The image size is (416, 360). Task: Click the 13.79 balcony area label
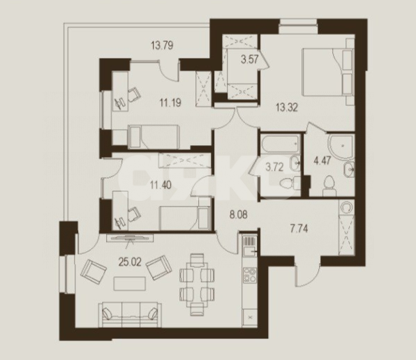(162, 45)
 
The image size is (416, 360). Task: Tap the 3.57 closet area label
(249, 59)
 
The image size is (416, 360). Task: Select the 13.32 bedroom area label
(287, 107)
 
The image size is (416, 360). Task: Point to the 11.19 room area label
(170, 102)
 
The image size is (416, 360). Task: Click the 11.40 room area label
(161, 184)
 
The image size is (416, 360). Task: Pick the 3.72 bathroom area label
(275, 167)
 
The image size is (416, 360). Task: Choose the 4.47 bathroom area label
(322, 160)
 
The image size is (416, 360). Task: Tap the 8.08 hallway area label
(239, 214)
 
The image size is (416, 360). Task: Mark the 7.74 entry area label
(299, 228)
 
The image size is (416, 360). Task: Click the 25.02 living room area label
(130, 262)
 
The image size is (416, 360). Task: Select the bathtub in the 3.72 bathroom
(281, 144)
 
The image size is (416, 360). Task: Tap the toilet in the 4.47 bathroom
(329, 186)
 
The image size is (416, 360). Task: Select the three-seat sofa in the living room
(130, 315)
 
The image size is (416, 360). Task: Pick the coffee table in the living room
(130, 284)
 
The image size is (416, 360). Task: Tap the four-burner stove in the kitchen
(250, 275)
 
